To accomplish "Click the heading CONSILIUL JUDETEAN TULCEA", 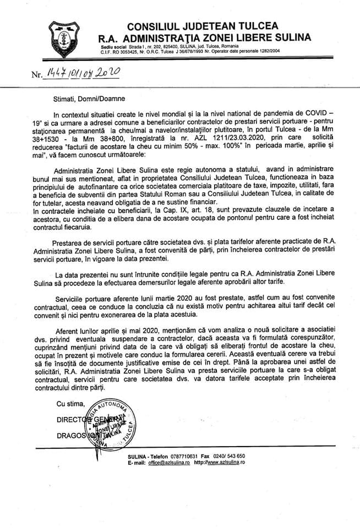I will pos(203,26).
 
